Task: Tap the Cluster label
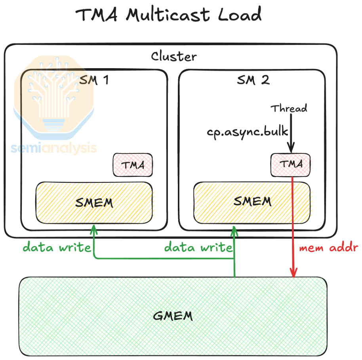173,56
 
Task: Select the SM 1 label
94,80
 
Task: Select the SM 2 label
253,80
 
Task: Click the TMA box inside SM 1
133,165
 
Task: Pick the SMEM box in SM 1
94,203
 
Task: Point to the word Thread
289,108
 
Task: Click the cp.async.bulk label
247,132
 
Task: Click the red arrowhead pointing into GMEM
293,274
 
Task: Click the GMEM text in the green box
173,316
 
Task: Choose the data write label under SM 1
57,248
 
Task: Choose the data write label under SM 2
198,248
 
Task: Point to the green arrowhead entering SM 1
94,229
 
